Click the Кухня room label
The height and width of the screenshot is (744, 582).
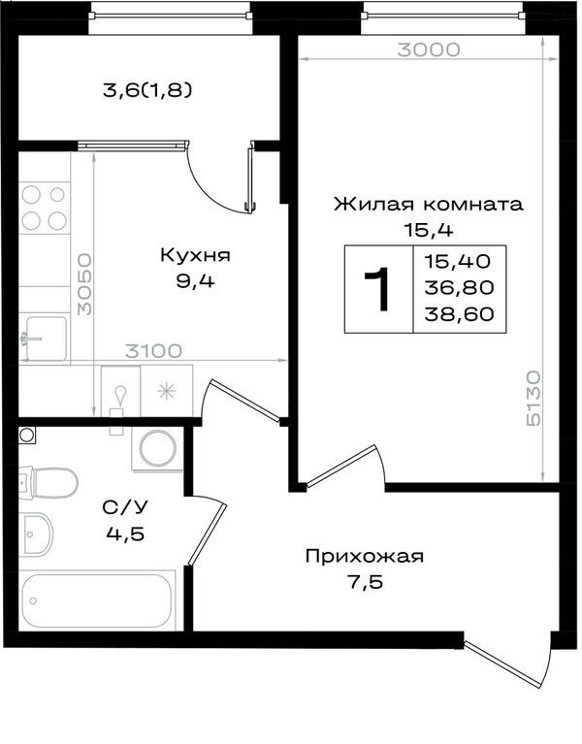point(195,255)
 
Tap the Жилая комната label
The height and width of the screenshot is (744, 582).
point(429,204)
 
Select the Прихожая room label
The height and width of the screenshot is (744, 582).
point(365,556)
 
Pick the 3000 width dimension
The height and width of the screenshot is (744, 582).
point(429,49)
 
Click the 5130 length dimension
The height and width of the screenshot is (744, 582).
point(533,399)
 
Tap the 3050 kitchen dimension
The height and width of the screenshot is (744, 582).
point(85,284)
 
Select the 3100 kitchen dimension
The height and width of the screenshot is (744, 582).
point(153,351)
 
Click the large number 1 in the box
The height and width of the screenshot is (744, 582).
point(377,288)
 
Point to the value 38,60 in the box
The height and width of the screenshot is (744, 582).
point(459,314)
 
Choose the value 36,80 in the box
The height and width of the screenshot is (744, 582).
point(459,287)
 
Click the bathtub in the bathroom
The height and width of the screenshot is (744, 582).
point(97,600)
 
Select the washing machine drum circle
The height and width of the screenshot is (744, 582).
point(157,448)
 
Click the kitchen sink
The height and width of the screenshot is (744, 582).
point(44,339)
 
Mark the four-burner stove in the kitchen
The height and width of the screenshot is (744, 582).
point(44,207)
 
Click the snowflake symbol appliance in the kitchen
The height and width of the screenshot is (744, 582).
point(167,391)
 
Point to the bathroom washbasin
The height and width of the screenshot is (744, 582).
point(36,534)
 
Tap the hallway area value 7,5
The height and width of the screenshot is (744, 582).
point(365,582)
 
